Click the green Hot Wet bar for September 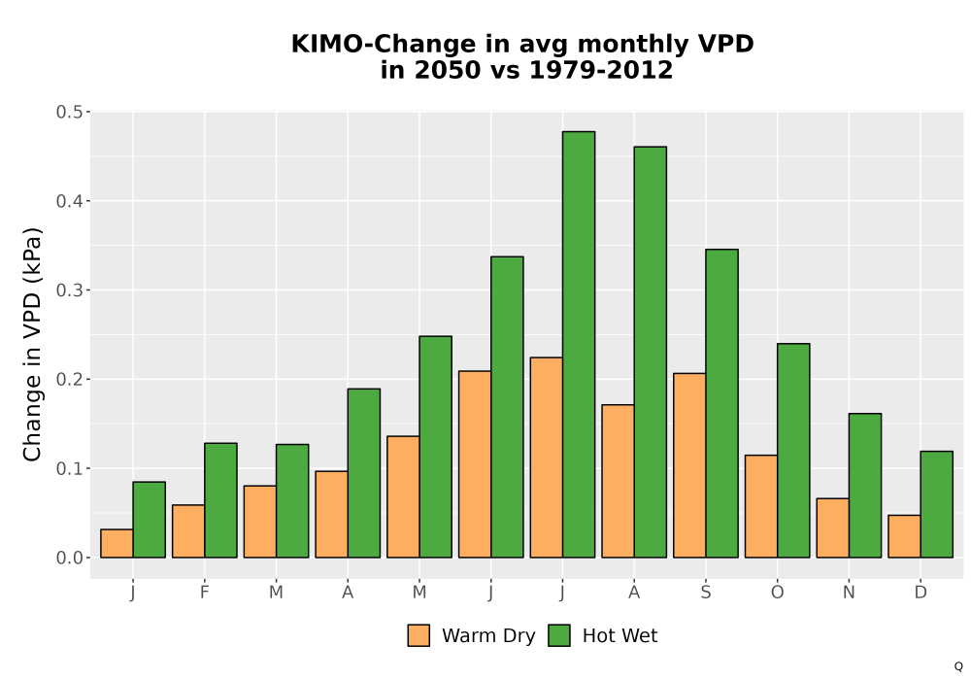[x=721, y=403]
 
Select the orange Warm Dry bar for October [x=761, y=506]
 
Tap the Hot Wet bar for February [x=220, y=499]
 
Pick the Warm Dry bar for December [x=904, y=536]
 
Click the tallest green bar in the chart [x=579, y=344]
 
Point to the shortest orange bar [x=117, y=543]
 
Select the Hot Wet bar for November [x=865, y=486]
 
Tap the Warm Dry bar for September [x=689, y=465]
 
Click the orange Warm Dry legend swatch [x=419, y=635]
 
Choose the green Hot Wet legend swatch [x=559, y=635]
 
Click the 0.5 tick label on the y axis [x=69, y=112]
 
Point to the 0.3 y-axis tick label [x=69, y=289]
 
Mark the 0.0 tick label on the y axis [x=69, y=558]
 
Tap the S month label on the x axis [x=705, y=593]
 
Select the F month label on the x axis [x=204, y=593]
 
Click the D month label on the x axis [x=921, y=593]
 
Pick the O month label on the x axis [x=777, y=593]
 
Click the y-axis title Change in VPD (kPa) [x=32, y=344]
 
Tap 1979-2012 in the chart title [x=601, y=70]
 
